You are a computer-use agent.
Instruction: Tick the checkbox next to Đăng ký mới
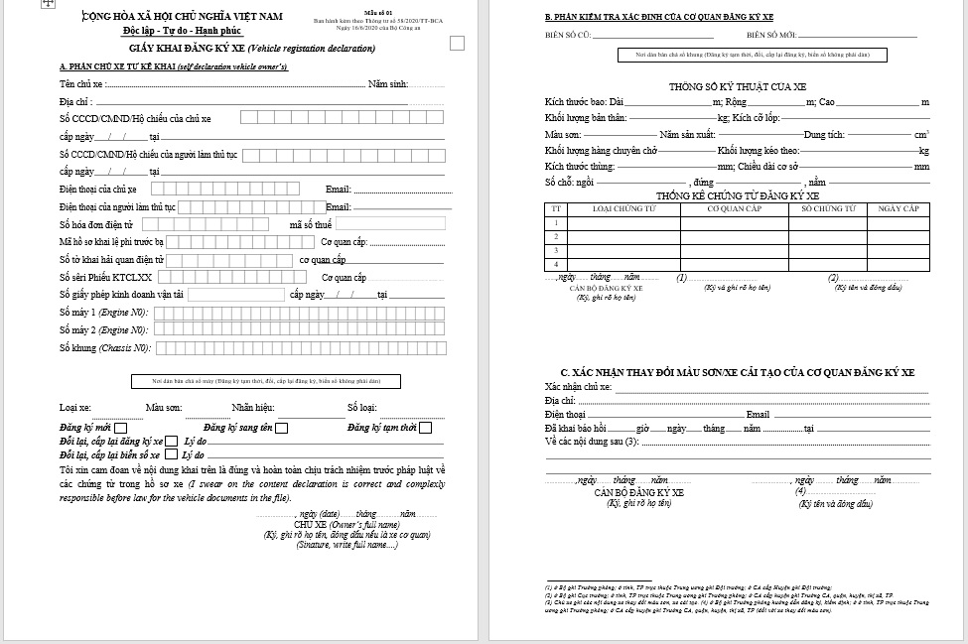pos(122,429)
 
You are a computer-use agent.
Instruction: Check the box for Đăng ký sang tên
pos(282,429)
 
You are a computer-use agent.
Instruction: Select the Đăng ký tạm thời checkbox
pos(425,429)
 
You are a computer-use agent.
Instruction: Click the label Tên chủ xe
pos(80,84)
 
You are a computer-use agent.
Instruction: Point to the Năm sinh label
pos(388,84)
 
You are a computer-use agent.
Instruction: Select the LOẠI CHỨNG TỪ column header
pos(623,209)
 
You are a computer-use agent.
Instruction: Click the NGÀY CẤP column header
pos(899,209)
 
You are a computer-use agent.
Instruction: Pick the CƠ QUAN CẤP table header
pos(734,209)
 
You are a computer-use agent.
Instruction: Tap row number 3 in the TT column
pos(556,251)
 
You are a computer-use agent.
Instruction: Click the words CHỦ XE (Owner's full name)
pos(346,524)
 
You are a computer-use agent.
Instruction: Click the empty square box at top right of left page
pos(457,43)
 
